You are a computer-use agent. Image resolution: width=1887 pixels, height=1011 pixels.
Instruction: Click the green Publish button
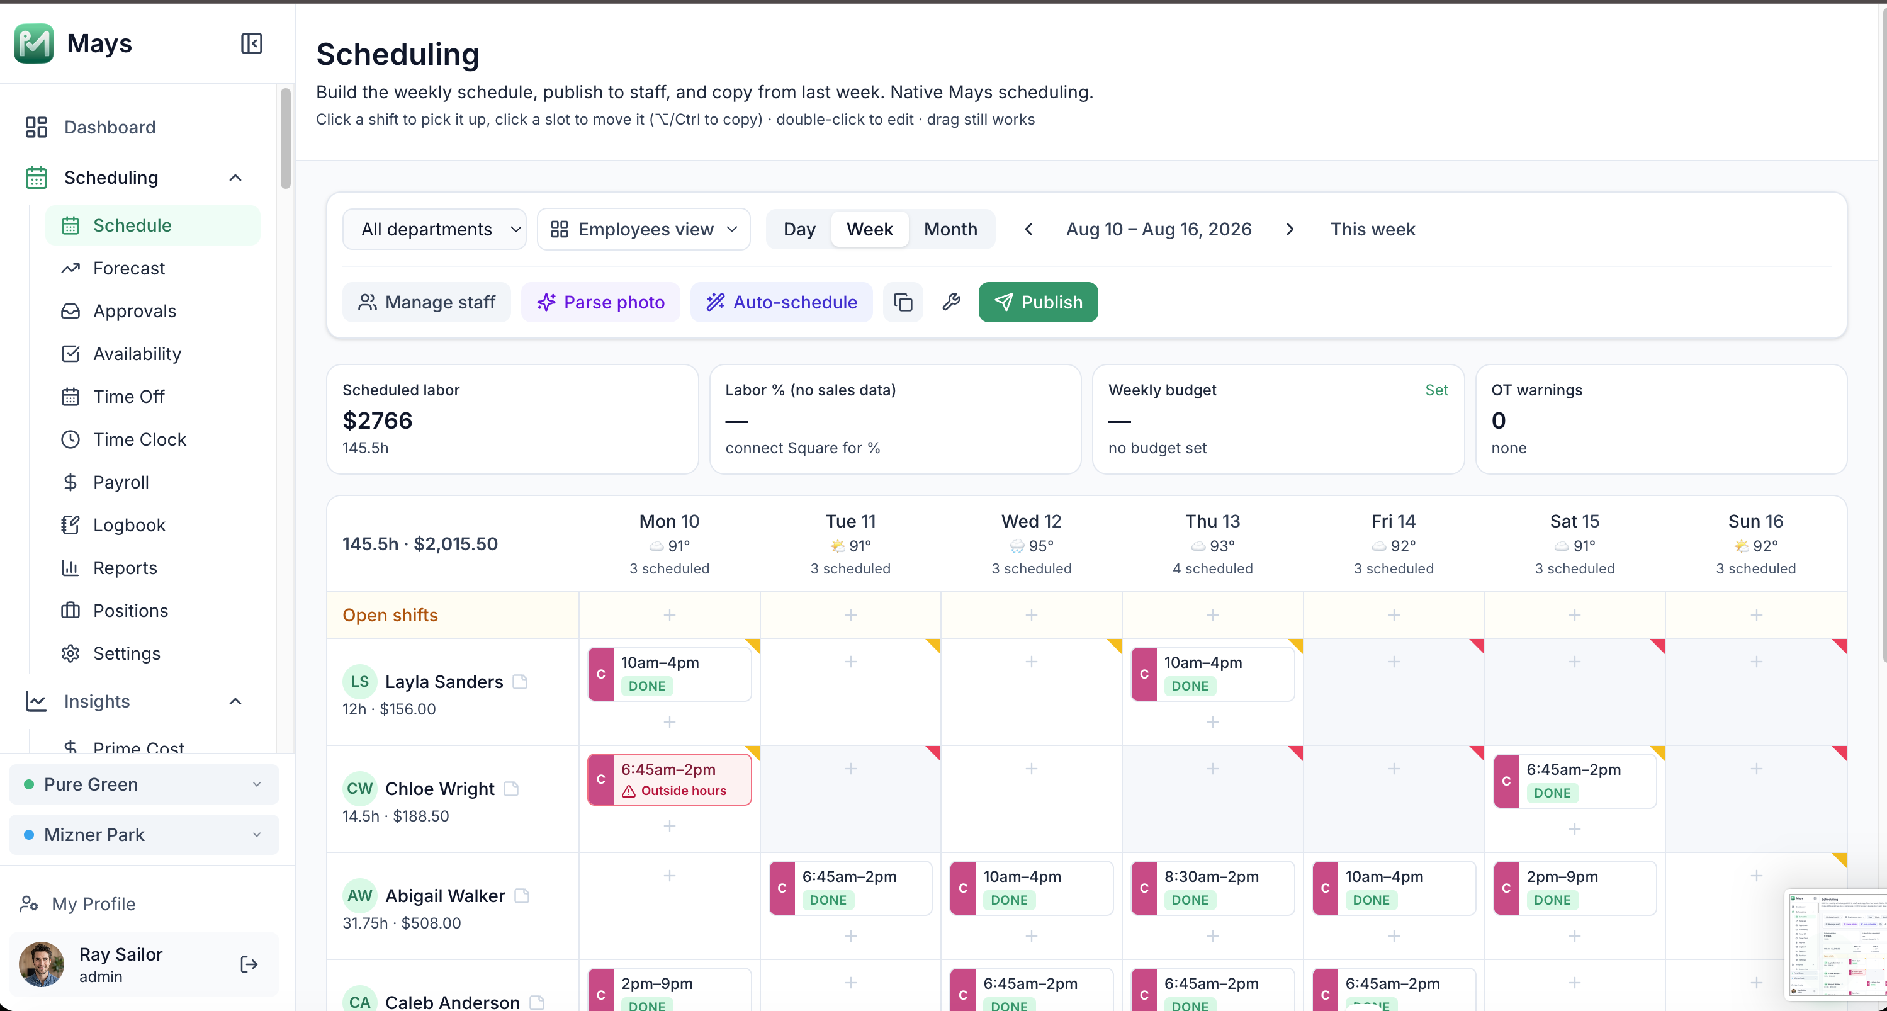(1037, 302)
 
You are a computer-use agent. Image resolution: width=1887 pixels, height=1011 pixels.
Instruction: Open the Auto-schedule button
(781, 302)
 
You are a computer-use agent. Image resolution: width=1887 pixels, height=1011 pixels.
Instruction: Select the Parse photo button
(600, 302)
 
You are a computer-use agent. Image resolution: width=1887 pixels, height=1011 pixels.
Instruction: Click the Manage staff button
(426, 302)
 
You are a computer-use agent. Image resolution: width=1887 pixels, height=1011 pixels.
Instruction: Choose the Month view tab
(950, 229)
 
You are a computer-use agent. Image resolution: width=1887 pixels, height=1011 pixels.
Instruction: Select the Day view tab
(799, 229)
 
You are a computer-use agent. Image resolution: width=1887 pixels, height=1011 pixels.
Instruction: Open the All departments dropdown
(434, 229)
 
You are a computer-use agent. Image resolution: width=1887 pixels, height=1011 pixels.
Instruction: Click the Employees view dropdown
(643, 229)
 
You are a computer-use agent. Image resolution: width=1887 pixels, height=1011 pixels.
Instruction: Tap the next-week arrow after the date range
(1290, 229)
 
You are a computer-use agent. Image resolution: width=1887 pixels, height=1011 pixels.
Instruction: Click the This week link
(1372, 229)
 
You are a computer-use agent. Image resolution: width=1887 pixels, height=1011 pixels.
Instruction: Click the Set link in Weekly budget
(1436, 390)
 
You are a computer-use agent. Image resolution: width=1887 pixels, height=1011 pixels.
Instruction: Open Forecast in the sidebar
(129, 268)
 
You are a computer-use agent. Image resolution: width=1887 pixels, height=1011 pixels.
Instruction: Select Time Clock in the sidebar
(139, 439)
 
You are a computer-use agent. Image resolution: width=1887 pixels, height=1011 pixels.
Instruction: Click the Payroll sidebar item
(121, 482)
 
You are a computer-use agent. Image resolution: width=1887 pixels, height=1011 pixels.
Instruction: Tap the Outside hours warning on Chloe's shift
(675, 791)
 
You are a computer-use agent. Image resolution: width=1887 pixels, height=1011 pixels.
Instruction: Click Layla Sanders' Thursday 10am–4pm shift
(1212, 674)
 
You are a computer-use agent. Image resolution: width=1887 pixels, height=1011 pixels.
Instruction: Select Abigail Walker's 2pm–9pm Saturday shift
(1574, 887)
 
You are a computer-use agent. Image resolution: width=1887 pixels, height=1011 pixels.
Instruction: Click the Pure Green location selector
(144, 784)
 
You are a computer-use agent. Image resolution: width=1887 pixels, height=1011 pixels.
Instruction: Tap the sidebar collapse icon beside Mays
(251, 43)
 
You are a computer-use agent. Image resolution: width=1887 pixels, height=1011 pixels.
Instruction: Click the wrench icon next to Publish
(951, 302)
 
